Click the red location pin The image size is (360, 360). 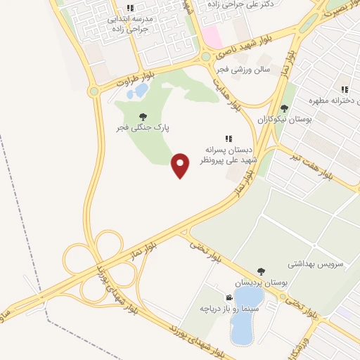181,165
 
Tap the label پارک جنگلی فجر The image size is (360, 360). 143,129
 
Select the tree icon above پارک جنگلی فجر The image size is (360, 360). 143,117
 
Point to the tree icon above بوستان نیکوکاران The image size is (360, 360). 283,108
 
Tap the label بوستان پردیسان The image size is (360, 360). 261,282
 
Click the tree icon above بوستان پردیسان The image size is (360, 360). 261,271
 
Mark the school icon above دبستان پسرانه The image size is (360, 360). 228,139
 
